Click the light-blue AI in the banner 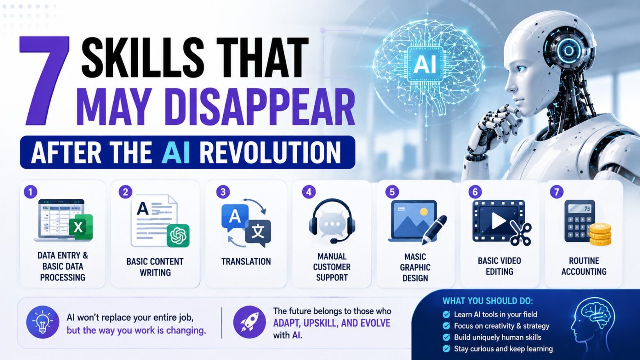pyautogui.click(x=176, y=153)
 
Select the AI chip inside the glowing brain pyautogui.click(x=425, y=64)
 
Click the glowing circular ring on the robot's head pyautogui.click(x=569, y=51)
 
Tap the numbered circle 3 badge pyautogui.click(x=223, y=192)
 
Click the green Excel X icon pyautogui.click(x=81, y=227)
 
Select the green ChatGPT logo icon pyautogui.click(x=178, y=235)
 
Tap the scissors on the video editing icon pyautogui.click(x=521, y=233)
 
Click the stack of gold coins pyautogui.click(x=600, y=235)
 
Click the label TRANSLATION pyautogui.click(x=246, y=262)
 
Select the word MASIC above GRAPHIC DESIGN pyautogui.click(x=415, y=257)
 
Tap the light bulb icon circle pyautogui.click(x=43, y=322)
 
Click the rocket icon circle pyautogui.click(x=249, y=322)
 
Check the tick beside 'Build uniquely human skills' pyautogui.click(x=446, y=337)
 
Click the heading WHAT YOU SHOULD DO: pyautogui.click(x=488, y=301)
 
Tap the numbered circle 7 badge pyautogui.click(x=557, y=192)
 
